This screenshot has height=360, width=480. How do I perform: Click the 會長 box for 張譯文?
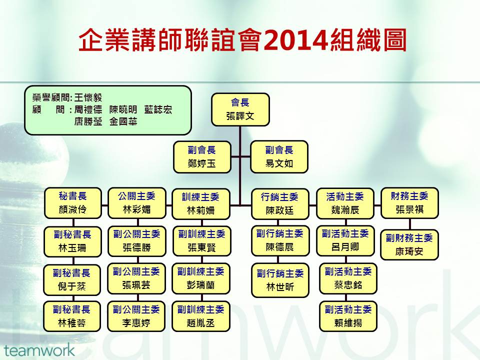240,109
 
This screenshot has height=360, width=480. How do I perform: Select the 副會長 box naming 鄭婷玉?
202,156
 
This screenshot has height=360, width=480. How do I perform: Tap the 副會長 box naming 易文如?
279,156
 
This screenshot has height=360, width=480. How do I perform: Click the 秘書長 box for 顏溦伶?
73,203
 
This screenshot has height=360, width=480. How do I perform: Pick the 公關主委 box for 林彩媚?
137,203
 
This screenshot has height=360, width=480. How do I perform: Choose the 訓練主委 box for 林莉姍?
201,204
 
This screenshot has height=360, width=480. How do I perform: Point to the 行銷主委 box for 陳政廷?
280,204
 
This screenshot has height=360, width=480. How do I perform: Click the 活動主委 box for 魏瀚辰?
345,203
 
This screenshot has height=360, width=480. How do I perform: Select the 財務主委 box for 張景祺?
409,203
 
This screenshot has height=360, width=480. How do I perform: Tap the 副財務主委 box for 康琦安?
409,244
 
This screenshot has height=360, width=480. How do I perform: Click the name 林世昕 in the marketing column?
280,287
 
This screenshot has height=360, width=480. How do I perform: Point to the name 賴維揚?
348,322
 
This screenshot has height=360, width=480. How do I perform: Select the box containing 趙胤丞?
201,316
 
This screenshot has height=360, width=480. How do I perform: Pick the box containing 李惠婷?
136,316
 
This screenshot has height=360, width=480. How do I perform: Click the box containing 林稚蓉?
72,316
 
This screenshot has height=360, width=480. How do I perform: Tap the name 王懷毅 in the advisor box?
88,98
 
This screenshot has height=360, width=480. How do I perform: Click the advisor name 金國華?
123,122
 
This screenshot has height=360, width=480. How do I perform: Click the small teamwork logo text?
39,350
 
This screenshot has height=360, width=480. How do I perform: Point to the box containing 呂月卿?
345,240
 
